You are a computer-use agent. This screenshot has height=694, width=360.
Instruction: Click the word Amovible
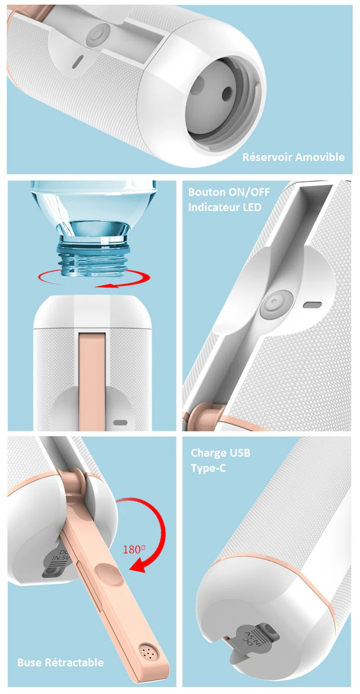320,157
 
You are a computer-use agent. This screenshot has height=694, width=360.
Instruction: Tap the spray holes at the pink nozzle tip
149,652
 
